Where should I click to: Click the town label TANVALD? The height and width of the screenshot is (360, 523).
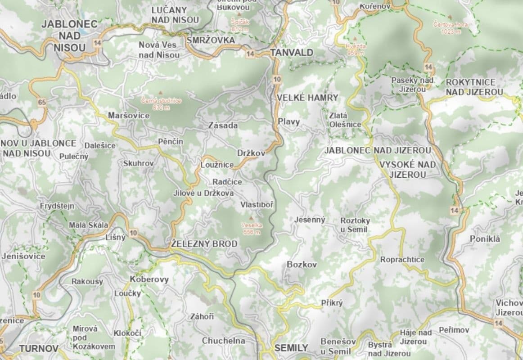292,53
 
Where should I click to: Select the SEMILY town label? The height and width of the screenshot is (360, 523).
291,348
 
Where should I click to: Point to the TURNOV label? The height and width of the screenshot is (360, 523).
39,349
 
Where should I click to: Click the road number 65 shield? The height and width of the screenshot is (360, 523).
42,103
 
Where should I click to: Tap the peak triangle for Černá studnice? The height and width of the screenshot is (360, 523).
161,93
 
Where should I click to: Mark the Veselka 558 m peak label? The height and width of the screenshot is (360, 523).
252,229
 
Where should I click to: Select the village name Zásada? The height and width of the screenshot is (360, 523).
223,126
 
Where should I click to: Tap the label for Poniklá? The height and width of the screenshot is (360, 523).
485,239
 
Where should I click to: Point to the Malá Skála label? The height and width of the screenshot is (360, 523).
88,225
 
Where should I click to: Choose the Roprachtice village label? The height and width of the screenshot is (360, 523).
402,260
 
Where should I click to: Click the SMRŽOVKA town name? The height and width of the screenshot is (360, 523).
211,40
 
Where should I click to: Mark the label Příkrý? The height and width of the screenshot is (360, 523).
332,303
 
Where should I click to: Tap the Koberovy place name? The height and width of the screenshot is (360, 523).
149,279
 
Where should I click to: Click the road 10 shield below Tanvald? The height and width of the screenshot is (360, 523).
276,79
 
